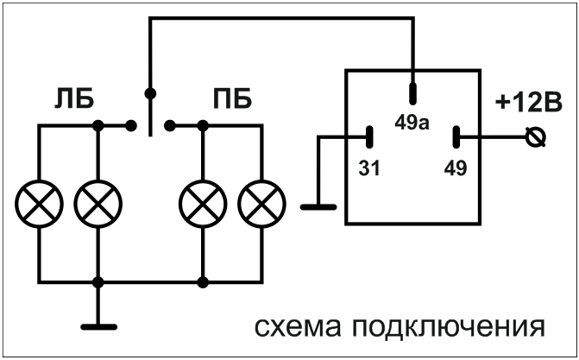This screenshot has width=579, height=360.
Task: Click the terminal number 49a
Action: pyautogui.click(x=412, y=121)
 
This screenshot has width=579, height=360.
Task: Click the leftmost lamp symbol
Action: pyautogui.click(x=38, y=204)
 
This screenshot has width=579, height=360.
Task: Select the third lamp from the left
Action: pyautogui.click(x=201, y=204)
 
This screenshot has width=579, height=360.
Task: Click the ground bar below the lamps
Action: pyautogui.click(x=98, y=326)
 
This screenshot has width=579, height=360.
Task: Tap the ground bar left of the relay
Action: pyautogui.click(x=319, y=206)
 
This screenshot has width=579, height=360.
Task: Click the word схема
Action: pyautogui.click(x=292, y=328)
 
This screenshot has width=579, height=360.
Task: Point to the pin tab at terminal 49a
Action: pyautogui.click(x=412, y=92)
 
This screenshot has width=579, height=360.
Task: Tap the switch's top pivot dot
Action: pyautogui.click(x=150, y=92)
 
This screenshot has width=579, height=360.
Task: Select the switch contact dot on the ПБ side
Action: pyautogui.click(x=169, y=126)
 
